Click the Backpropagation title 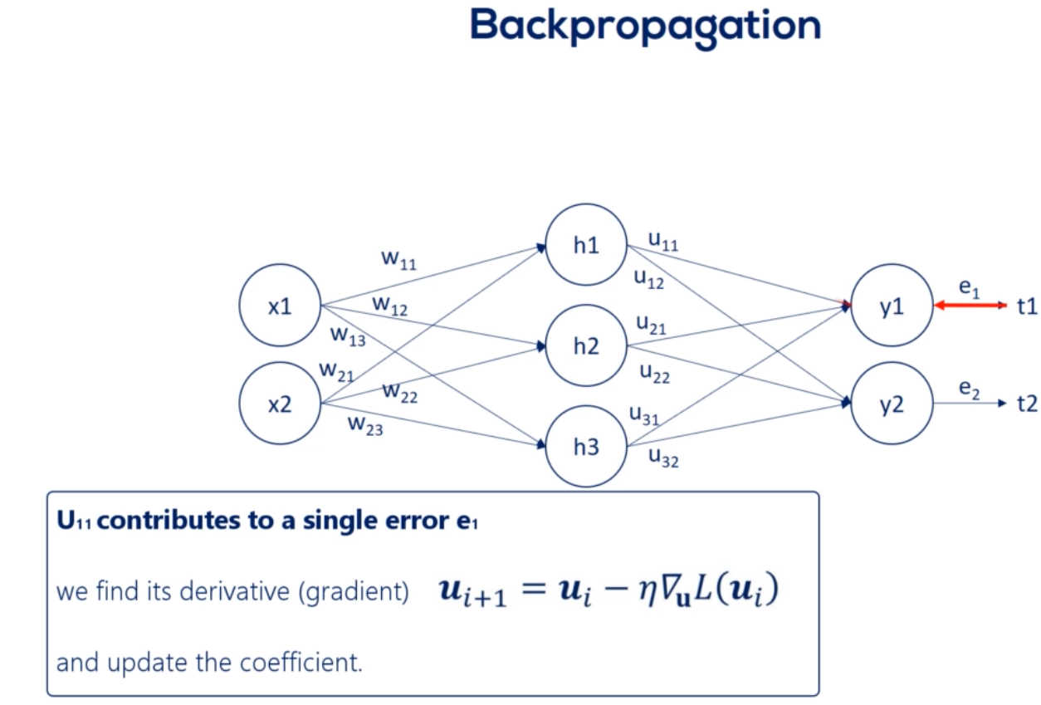click(x=645, y=27)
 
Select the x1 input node click(x=280, y=306)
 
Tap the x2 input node click(x=280, y=405)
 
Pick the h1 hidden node click(x=586, y=247)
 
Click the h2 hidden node click(x=586, y=346)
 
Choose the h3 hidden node click(x=586, y=447)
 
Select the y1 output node click(x=892, y=306)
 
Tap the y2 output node click(x=892, y=404)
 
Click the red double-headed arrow click(x=970, y=306)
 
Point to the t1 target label click(x=1028, y=306)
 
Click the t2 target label click(x=1028, y=404)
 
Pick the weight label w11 click(x=398, y=259)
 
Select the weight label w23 click(x=366, y=425)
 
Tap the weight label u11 click(x=662, y=241)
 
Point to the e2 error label click(x=969, y=388)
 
